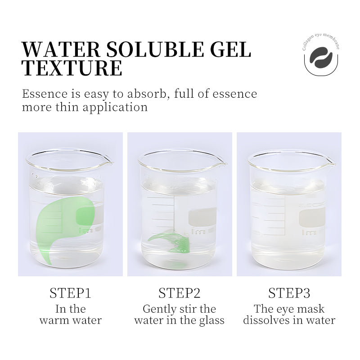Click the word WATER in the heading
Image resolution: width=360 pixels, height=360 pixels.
(x=61, y=49)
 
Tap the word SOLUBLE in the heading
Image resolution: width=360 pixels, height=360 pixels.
(x=155, y=49)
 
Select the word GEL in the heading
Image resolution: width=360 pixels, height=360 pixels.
(x=230, y=49)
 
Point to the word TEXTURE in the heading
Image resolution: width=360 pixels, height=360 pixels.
(x=72, y=68)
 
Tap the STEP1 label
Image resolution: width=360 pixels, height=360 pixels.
(x=70, y=293)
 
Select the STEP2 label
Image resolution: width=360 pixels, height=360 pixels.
(x=179, y=293)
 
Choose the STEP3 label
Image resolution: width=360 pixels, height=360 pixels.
(x=289, y=293)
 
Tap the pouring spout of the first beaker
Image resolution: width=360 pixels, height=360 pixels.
(x=108, y=162)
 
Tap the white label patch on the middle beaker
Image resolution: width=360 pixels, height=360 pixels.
(x=202, y=216)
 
